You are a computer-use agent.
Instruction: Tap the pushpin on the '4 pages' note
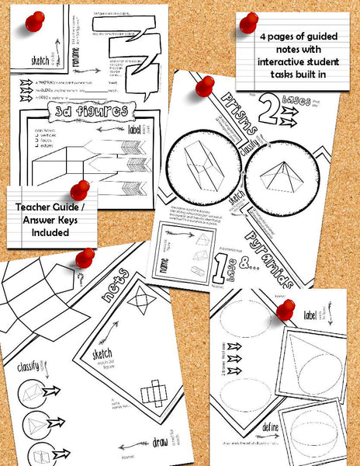(248, 23)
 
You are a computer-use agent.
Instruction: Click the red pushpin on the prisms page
(205, 85)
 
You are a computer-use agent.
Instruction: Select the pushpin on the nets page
(85, 257)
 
